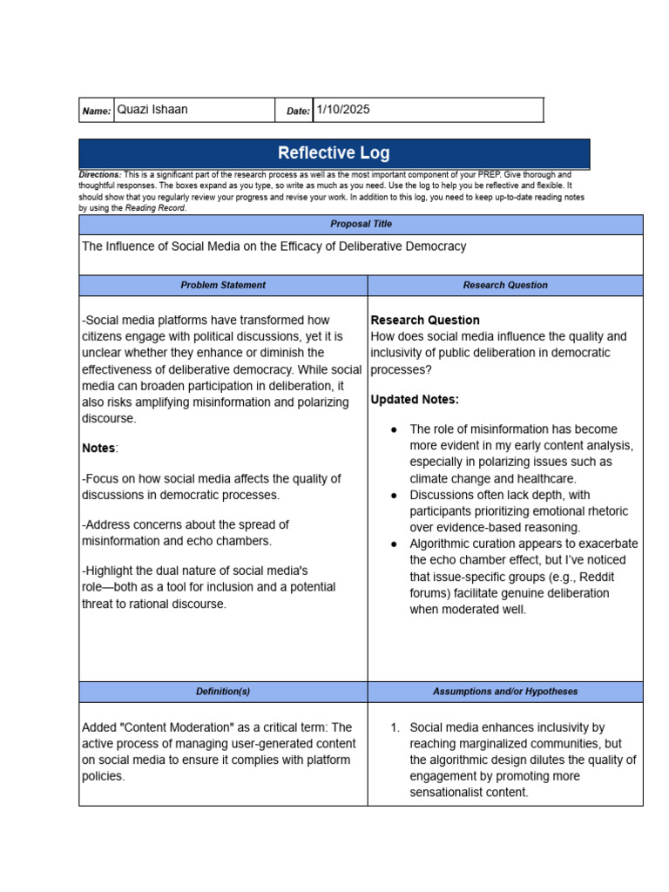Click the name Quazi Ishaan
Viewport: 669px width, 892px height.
152,110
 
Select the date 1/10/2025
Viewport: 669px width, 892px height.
343,110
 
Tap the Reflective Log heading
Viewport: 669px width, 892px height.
334,153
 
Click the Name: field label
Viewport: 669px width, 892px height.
97,111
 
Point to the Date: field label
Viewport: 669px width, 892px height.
298,111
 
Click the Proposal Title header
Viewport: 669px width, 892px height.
361,224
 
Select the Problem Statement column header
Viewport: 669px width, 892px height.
223,285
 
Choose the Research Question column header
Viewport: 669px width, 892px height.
505,285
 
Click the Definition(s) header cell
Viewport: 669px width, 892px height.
223,692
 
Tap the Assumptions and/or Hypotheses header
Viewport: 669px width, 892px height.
505,692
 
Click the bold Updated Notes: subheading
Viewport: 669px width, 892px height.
415,400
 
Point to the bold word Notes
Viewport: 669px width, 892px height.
98,448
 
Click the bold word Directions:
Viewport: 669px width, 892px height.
99,175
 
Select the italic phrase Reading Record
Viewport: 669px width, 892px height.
155,208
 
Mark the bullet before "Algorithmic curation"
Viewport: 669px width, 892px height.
394,544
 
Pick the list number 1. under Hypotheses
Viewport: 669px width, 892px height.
395,727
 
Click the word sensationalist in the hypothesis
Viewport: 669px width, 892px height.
452,793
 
